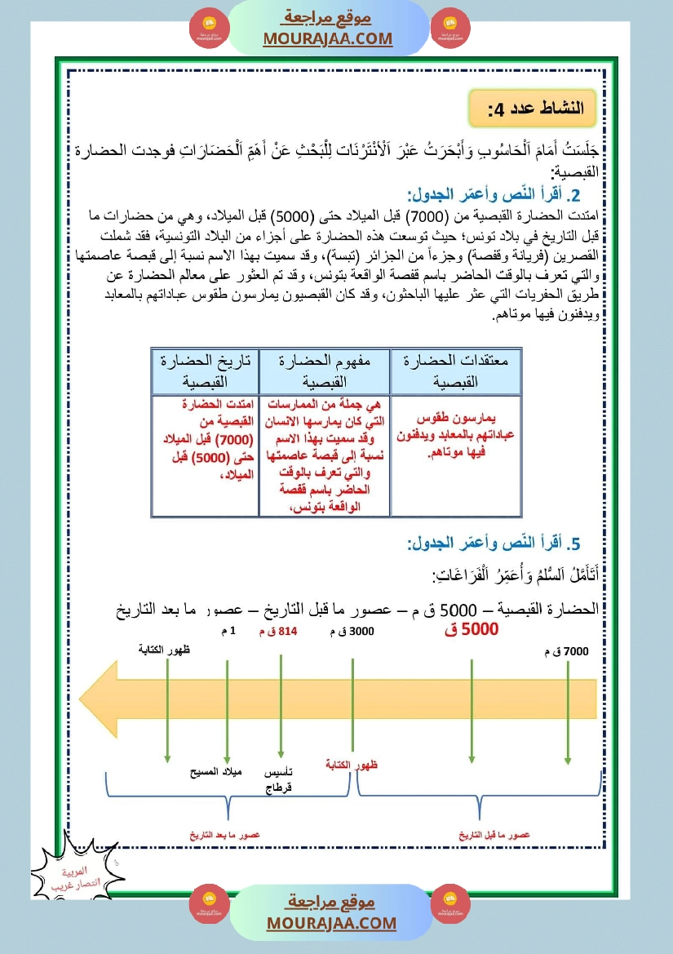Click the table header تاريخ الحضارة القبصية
click(x=205, y=371)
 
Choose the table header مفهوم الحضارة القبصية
click(x=324, y=371)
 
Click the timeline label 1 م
click(x=228, y=632)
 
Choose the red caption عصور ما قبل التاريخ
click(x=494, y=835)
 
